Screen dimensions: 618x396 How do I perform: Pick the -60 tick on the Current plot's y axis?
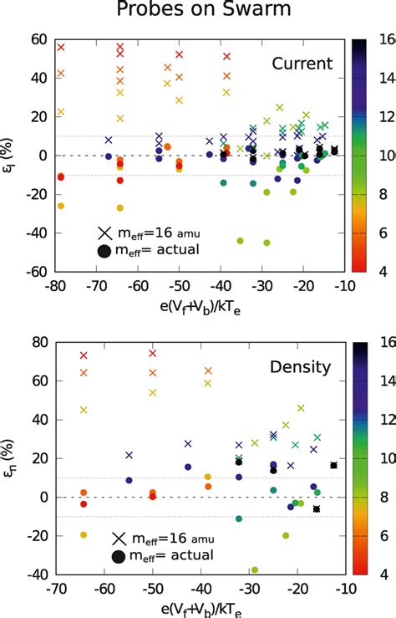[x=35, y=272]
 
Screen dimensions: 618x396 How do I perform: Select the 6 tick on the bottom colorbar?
[x=383, y=536]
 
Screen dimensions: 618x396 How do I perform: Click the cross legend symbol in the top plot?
[x=104, y=232]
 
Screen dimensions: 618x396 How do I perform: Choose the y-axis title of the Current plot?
[x=11, y=155]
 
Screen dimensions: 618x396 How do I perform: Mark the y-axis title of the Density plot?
[x=11, y=458]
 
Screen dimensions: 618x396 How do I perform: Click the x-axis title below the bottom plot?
[x=197, y=608]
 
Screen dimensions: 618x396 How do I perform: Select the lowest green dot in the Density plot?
[x=255, y=569]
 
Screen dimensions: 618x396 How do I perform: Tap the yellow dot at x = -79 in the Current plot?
[x=60, y=206]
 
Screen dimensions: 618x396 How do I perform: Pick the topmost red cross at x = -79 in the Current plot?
[x=60, y=48]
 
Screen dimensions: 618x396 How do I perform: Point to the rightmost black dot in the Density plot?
[x=334, y=465]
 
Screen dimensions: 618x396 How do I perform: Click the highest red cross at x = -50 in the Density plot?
[x=153, y=353]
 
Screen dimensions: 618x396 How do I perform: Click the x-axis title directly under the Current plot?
[x=197, y=305]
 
